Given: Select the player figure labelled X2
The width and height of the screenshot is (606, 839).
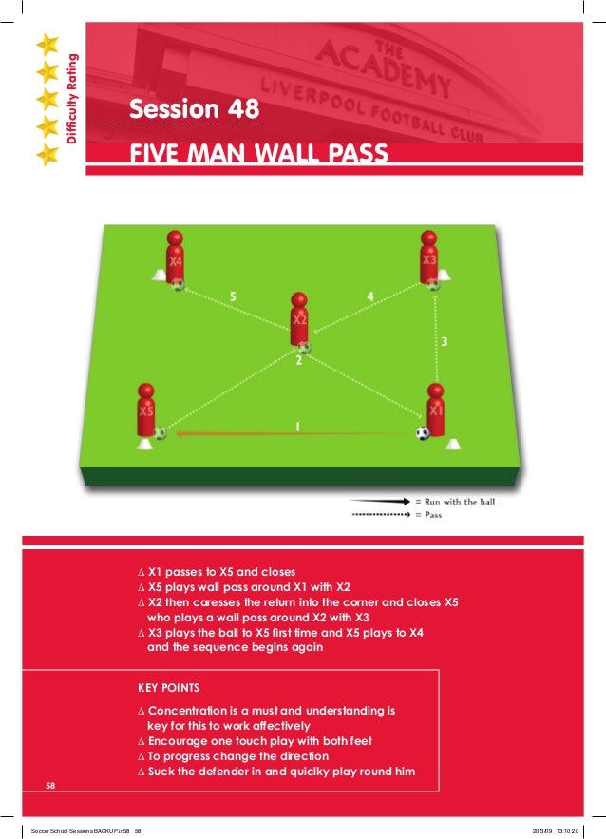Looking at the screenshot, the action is tap(299, 320).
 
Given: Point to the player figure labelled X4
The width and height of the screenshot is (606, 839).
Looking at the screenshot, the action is tap(175, 257).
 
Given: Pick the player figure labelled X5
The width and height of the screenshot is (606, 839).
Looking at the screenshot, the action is tap(145, 412).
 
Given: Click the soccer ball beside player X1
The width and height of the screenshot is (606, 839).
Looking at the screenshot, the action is tap(423, 433).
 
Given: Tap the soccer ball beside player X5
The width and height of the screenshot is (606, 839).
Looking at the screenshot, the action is tap(160, 433).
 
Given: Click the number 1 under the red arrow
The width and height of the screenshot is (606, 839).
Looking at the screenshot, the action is tap(297, 427).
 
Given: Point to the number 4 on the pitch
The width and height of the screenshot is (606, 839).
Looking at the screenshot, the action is tap(369, 296).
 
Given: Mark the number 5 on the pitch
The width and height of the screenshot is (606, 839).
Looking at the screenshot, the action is tap(233, 296).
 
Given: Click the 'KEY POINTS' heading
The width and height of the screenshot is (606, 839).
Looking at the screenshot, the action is tap(169, 685).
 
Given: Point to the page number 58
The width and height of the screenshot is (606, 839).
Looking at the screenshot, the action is tap(52, 785).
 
